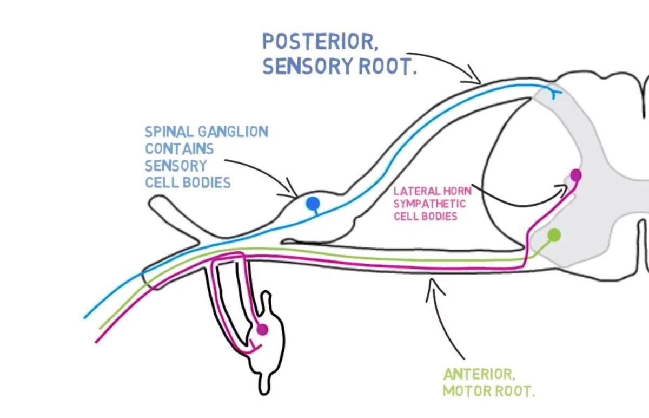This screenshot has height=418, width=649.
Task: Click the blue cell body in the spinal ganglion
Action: pos(313,204)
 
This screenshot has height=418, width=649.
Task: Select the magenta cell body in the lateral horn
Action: pos(575,175)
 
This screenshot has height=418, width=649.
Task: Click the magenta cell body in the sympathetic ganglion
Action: pos(262,329)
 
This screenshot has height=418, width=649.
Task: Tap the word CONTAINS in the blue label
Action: pos(179,148)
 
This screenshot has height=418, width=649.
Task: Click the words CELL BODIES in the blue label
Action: pos(188,182)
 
